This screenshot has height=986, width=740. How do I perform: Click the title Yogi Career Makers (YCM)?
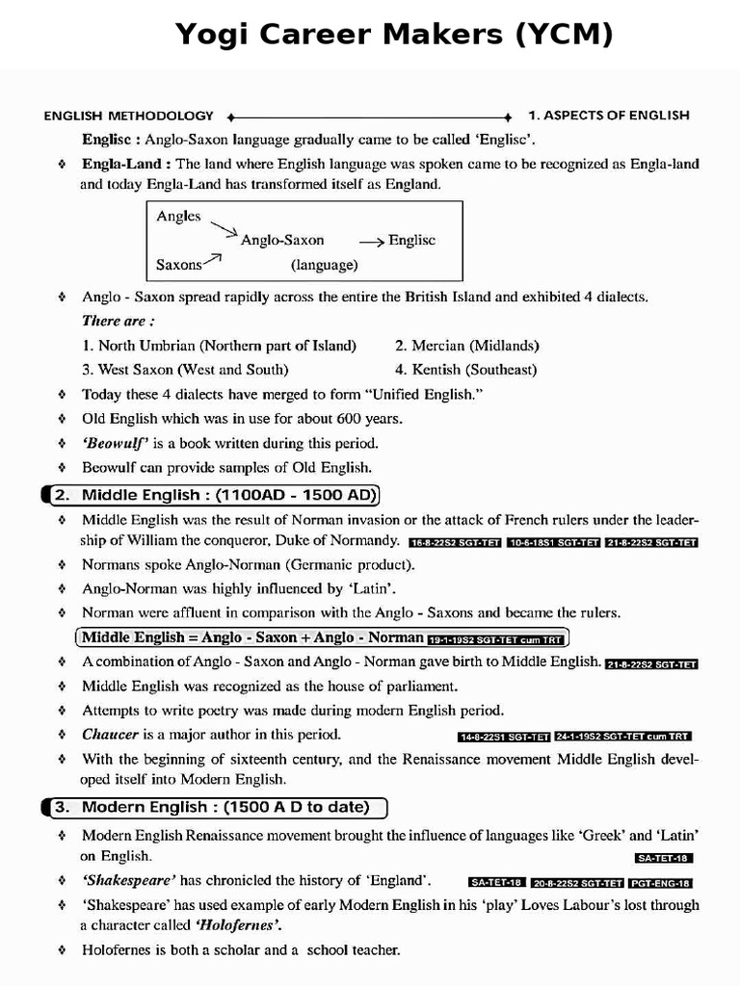[393, 36]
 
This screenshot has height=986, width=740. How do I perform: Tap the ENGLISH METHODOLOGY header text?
[128, 116]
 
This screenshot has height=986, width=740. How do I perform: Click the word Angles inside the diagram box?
[178, 217]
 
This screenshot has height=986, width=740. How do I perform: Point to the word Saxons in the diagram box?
[179, 264]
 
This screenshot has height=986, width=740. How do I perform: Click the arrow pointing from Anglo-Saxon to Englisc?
[371, 241]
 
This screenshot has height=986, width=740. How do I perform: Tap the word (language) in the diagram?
[324, 264]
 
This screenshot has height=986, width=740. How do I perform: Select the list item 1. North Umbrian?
[219, 345]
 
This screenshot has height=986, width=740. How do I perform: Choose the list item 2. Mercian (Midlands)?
[466, 345]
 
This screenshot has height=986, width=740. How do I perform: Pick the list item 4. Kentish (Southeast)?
[465, 369]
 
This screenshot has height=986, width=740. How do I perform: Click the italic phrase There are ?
[119, 321]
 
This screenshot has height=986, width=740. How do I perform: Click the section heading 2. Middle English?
[215, 496]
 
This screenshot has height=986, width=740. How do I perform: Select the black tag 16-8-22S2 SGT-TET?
[455, 542]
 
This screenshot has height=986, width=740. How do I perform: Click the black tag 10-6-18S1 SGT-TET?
[553, 542]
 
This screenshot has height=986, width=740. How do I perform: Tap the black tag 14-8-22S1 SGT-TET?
[503, 737]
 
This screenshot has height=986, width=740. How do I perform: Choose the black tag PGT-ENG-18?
[660, 882]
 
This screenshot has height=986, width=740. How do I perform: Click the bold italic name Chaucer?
[111, 735]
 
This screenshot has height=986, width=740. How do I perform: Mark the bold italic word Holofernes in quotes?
[239, 925]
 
